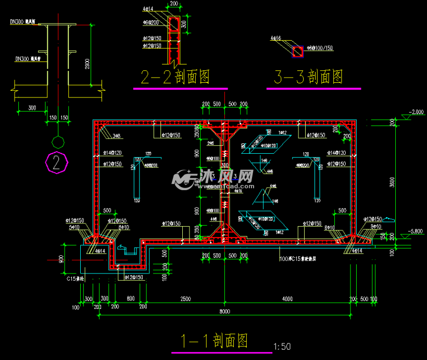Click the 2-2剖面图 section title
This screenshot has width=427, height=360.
175,77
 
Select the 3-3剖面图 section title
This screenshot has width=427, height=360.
308,77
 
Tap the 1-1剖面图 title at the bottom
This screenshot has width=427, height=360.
214,341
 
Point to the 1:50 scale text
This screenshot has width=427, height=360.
282,346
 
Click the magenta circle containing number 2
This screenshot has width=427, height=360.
57,163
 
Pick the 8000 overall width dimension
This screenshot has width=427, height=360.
224,312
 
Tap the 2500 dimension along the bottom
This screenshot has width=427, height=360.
185,299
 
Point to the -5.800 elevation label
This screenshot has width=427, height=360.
417,231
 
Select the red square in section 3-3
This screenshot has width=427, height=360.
297,51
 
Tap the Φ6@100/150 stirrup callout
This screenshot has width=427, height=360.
320,48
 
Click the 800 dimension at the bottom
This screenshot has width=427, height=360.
130,299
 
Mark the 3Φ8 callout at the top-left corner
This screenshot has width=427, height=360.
117,136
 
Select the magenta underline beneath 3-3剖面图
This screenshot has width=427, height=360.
313,89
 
